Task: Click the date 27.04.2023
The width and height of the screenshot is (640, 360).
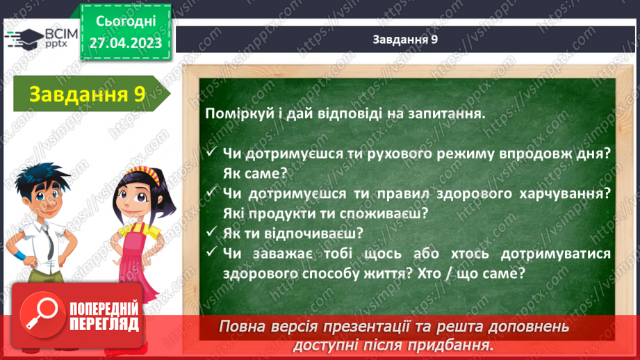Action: (126, 43)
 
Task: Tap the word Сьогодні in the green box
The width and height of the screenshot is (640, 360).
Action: (126, 22)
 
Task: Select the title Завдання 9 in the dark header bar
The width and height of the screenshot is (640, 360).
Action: (405, 39)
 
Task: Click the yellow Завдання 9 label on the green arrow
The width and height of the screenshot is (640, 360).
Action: (88, 94)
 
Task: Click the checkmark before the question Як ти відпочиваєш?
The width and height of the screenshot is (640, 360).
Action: (211, 232)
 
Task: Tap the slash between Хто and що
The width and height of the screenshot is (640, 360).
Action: (450, 273)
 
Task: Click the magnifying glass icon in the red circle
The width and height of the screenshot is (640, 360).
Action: (42, 314)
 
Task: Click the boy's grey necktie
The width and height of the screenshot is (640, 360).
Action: (49, 243)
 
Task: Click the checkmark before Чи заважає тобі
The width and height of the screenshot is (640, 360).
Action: (211, 252)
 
